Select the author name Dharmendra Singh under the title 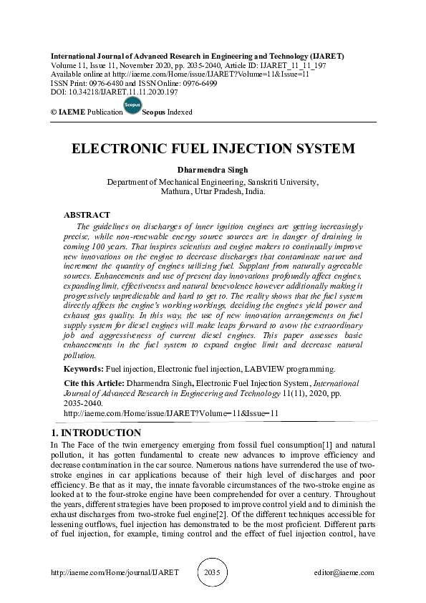click(x=213, y=170)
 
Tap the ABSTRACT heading click(x=87, y=215)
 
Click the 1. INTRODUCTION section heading click(x=97, y=433)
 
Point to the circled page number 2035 click(x=213, y=573)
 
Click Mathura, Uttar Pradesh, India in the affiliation click(x=213, y=191)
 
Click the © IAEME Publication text click(x=85, y=112)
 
